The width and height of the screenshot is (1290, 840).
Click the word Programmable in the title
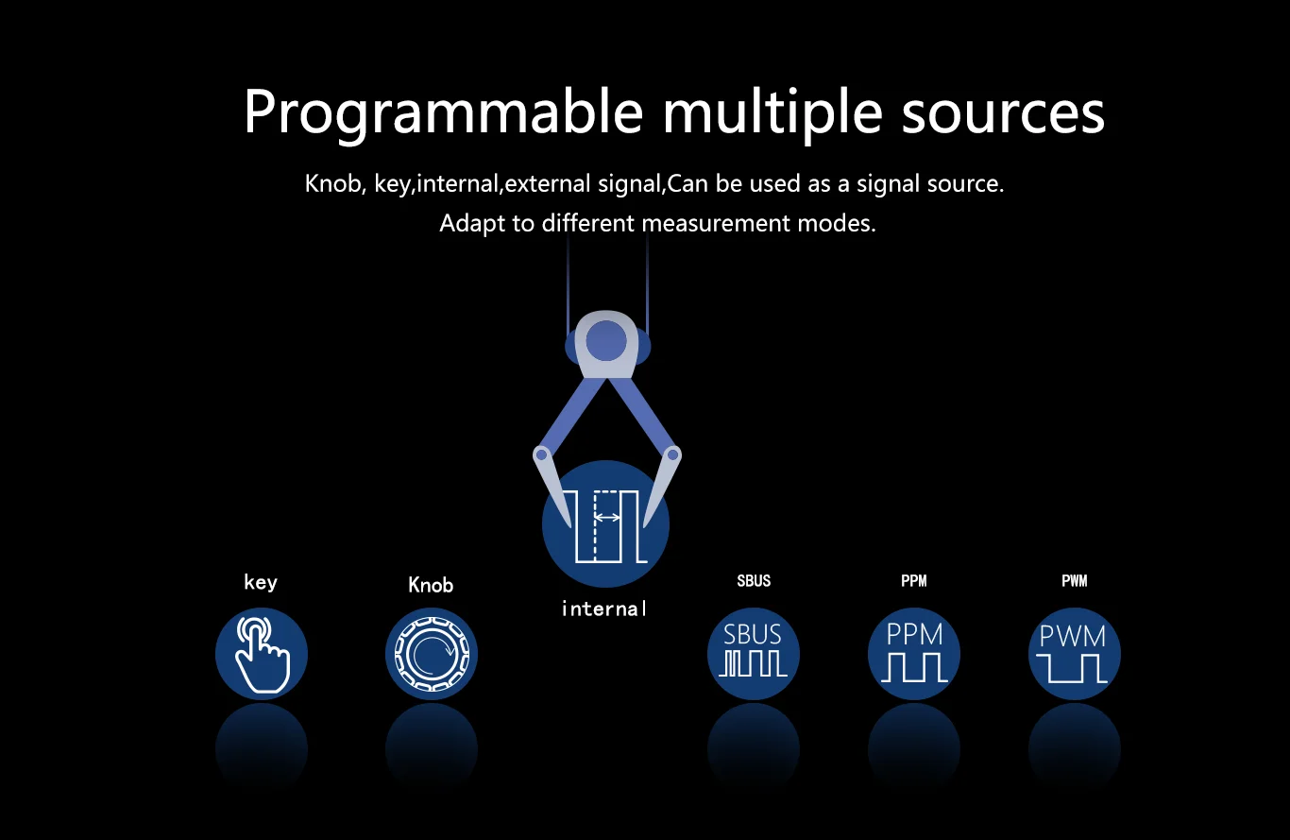pos(443,112)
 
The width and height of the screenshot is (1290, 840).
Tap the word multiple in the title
pos(772,112)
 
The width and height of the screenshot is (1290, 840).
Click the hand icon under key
pos(262,654)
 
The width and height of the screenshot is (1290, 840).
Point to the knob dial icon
pos(432,654)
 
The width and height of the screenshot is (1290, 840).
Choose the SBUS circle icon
pos(754,654)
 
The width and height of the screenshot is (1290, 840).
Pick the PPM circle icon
pos(914,654)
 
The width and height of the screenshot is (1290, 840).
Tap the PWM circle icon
pos(1074,654)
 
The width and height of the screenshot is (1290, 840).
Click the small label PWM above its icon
pos(1075,581)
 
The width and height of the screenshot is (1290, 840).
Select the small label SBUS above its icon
pos(754,581)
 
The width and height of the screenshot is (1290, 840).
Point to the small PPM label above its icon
pos(914,581)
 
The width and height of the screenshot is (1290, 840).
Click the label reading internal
pos(604,609)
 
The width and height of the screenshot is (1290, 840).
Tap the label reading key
pos(261,582)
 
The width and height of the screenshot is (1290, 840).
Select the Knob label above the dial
pos(431,586)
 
